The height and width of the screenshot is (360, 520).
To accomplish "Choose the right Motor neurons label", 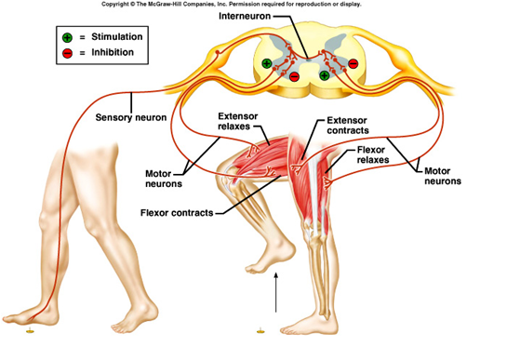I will tap(445, 177).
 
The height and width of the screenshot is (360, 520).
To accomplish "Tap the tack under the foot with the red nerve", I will tap(31, 329).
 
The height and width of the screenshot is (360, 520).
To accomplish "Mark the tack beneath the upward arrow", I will tap(259, 328).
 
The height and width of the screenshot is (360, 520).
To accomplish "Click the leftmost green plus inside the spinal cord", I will tap(267, 63).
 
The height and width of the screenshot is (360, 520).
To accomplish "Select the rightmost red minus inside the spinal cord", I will tap(352, 63).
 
